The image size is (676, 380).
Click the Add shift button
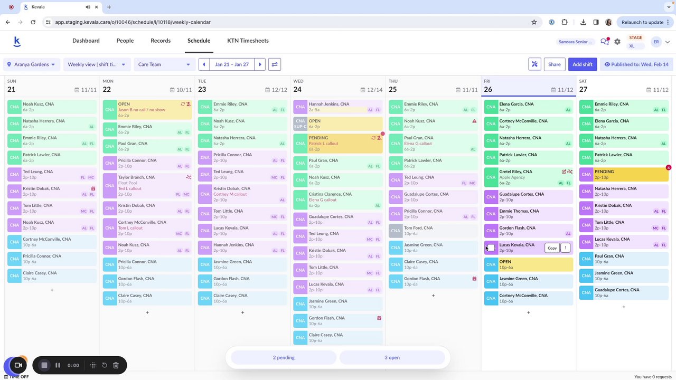(583, 64)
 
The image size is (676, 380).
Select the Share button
(554, 64)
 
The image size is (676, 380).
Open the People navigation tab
(125, 41)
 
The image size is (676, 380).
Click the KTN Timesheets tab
(248, 41)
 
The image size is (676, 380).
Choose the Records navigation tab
(161, 41)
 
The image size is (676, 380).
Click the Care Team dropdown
(164, 64)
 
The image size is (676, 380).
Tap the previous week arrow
(204, 64)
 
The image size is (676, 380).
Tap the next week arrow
(260, 64)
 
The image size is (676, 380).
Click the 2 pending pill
(284, 357)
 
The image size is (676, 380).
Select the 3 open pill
(392, 357)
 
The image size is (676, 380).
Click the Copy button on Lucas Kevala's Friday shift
(552, 248)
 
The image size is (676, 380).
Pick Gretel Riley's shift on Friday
(528, 177)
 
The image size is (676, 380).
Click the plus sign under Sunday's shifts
(52, 290)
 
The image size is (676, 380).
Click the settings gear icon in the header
(617, 42)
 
